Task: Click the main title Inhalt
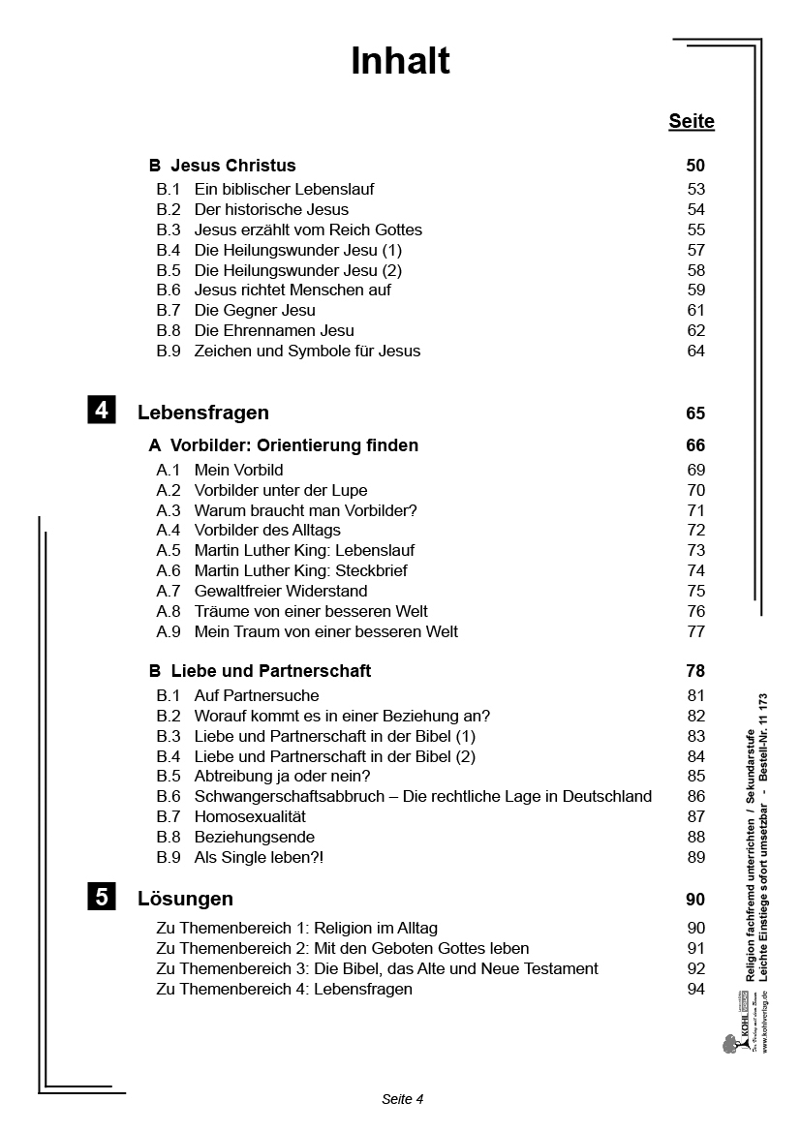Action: pyautogui.click(x=400, y=61)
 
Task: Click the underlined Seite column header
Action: pyautogui.click(x=691, y=121)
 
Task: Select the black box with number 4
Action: pyautogui.click(x=102, y=410)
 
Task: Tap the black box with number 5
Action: pyautogui.click(x=102, y=897)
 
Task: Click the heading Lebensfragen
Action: pyautogui.click(x=203, y=413)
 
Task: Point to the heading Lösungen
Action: pyautogui.click(x=185, y=899)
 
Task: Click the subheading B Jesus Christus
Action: pyautogui.click(x=222, y=166)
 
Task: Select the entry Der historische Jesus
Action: pyautogui.click(x=271, y=209)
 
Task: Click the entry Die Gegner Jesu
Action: pyautogui.click(x=255, y=310)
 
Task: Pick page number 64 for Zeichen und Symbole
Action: pyautogui.click(x=695, y=351)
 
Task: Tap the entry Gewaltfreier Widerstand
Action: pyautogui.click(x=281, y=591)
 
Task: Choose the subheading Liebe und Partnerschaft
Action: pyautogui.click(x=270, y=670)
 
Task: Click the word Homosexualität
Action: pyautogui.click(x=250, y=816)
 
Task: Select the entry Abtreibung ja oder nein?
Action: pyautogui.click(x=282, y=776)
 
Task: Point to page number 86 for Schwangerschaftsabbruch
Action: pyautogui.click(x=695, y=796)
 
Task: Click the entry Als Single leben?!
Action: pyautogui.click(x=259, y=857)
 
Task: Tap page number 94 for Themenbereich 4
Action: pyautogui.click(x=695, y=989)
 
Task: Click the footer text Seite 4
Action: pyautogui.click(x=403, y=1098)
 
